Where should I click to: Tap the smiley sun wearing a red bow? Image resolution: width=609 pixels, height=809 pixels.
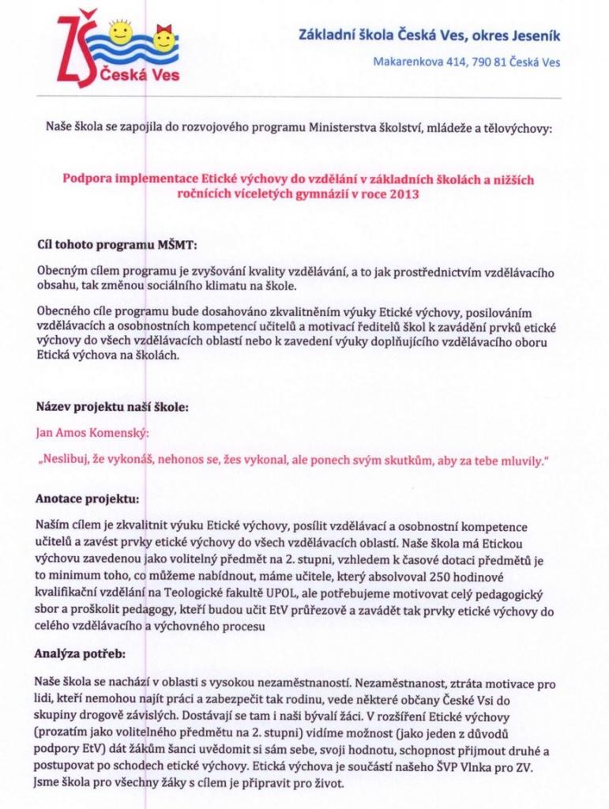(x=164, y=37)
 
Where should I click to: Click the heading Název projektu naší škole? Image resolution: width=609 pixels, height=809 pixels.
(x=113, y=408)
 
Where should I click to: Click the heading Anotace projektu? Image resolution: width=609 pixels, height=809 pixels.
(x=87, y=499)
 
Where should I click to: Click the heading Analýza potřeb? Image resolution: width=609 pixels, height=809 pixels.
(x=79, y=654)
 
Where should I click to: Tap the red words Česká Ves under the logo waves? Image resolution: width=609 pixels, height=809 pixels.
(x=141, y=76)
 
